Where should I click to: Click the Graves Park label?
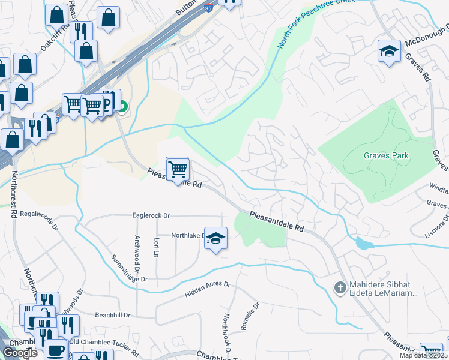(386, 155)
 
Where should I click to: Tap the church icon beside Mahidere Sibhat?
(340, 287)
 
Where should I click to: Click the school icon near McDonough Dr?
(389, 52)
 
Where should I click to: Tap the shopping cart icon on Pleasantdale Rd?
(178, 170)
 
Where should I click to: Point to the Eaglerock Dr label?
(151, 215)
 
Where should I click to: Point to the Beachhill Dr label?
(112, 314)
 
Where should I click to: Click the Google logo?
(20, 353)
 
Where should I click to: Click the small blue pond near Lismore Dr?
(364, 243)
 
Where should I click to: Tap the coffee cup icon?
(56, 350)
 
